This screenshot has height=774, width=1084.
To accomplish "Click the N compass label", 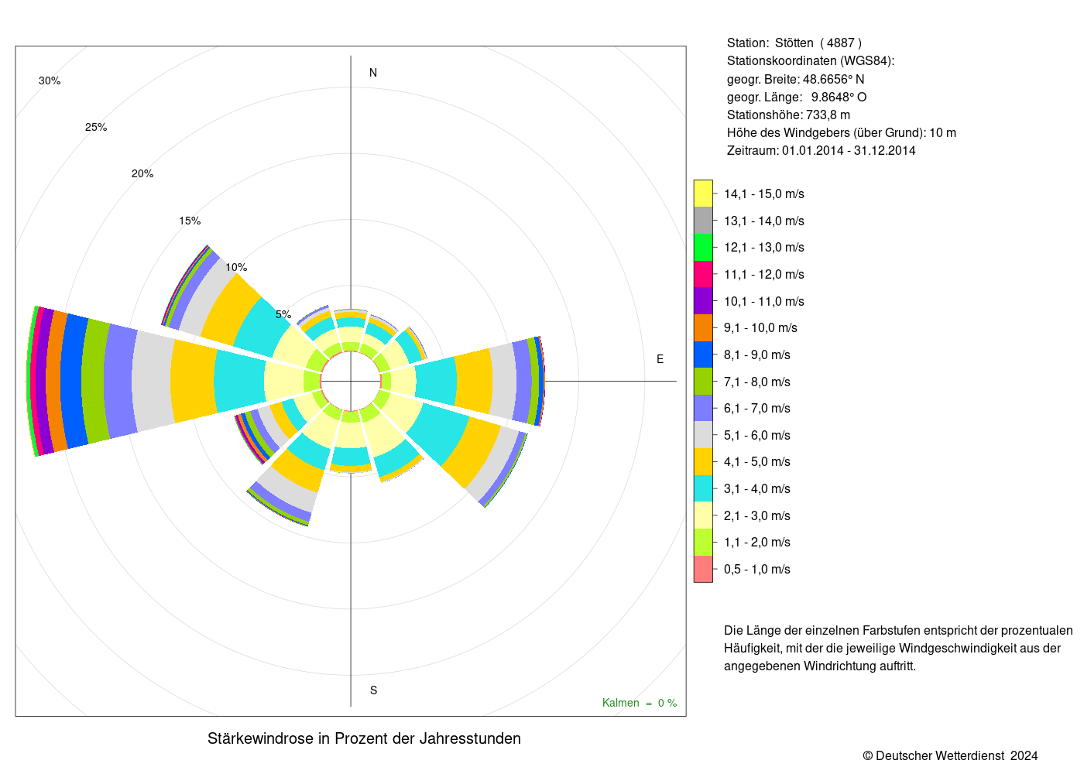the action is [x=372, y=73].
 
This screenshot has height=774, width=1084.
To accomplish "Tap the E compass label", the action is [x=660, y=359].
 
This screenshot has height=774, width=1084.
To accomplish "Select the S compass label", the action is [x=373, y=690].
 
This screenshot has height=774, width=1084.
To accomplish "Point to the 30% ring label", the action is [x=50, y=80].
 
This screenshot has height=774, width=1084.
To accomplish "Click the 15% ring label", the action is [x=190, y=221].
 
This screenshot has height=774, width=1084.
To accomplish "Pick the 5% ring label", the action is [x=283, y=314].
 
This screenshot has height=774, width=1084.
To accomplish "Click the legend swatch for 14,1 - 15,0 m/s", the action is [x=703, y=193].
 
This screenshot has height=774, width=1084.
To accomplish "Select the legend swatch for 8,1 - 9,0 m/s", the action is [x=703, y=354].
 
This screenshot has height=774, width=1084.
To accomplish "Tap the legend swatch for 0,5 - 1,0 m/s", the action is [x=703, y=569].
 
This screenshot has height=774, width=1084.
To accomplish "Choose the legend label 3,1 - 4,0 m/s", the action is [x=757, y=488].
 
